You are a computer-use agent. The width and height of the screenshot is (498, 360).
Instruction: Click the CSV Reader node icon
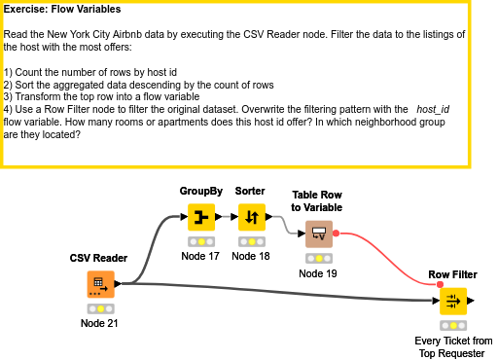tap(100, 284)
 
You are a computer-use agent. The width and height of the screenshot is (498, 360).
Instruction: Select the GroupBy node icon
tap(201, 216)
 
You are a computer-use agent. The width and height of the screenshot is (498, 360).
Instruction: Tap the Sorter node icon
tap(251, 216)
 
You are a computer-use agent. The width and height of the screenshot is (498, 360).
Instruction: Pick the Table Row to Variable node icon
tap(317, 234)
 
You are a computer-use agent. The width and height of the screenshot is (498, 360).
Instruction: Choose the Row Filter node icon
tap(452, 301)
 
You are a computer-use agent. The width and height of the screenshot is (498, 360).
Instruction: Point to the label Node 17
tap(201, 257)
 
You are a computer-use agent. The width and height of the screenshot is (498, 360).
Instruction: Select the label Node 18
tap(251, 257)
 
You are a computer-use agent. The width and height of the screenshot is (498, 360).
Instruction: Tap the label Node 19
tap(317, 273)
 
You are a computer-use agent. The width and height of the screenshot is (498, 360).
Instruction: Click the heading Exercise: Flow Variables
tap(62, 10)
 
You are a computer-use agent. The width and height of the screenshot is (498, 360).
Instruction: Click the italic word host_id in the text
tap(433, 109)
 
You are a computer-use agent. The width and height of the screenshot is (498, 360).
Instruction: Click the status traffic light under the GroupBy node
tap(201, 241)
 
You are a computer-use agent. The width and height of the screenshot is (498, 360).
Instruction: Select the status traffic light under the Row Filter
tap(452, 325)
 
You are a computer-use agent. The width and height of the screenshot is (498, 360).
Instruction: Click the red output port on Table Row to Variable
tap(336, 234)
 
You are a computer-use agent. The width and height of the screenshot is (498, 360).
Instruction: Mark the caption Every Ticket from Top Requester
tap(453, 346)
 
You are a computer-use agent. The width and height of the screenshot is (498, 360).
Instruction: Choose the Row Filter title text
tap(452, 275)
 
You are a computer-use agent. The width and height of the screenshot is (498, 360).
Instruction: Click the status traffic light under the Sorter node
tap(251, 241)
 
